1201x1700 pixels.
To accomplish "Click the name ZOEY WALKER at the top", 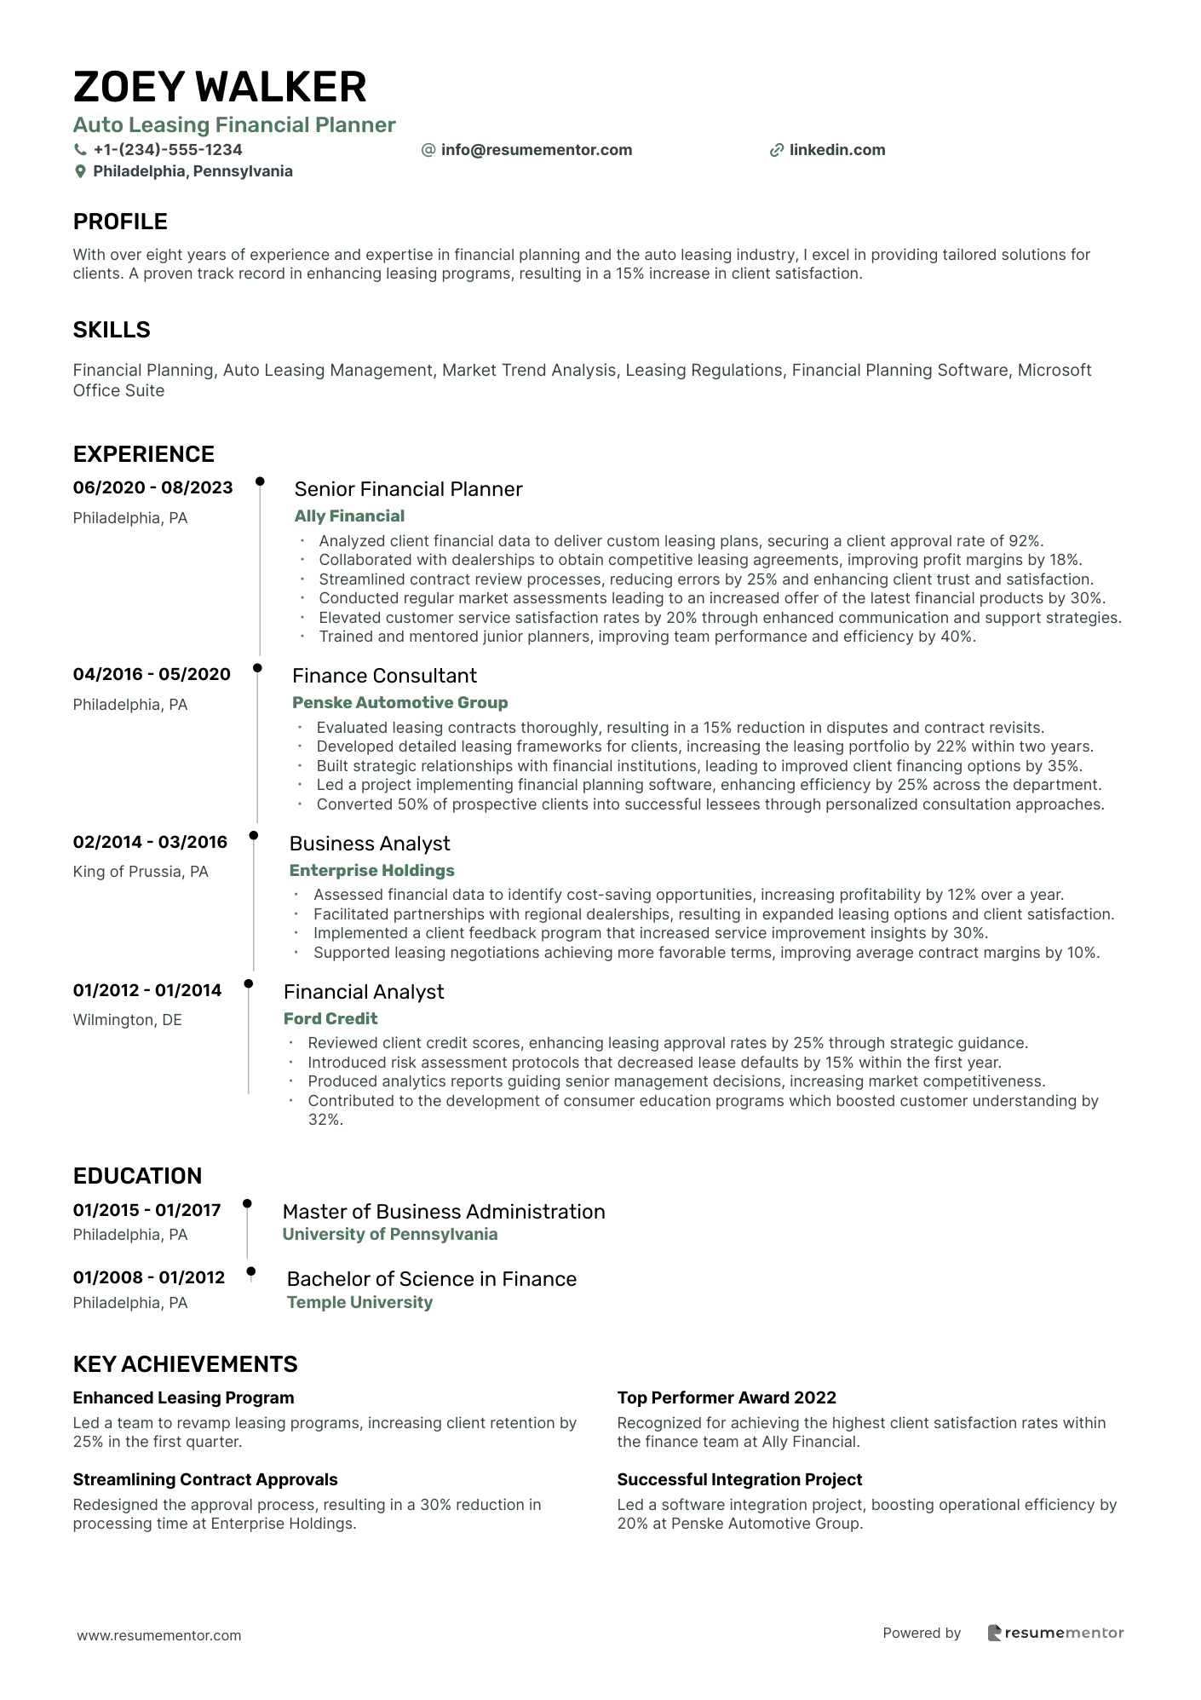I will pos(220,87).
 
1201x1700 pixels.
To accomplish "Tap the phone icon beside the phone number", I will pos(81,150).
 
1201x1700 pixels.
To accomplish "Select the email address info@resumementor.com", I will pos(536,150).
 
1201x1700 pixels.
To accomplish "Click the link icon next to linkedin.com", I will pos(776,150).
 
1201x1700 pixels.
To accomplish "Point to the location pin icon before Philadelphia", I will pos(81,171).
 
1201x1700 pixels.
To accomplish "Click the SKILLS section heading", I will pos(112,330).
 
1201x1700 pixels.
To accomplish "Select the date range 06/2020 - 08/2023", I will pos(152,487).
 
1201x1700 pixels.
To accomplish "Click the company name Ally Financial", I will pos(349,516).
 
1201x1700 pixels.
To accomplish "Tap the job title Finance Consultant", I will pos(384,676).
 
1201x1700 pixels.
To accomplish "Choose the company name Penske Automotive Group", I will pos(399,702).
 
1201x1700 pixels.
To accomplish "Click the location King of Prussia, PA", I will pos(141,872).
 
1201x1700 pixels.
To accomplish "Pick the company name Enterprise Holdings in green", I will pos(371,870).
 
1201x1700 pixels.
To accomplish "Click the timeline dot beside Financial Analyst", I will pos(249,983).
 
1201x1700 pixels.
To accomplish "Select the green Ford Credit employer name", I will pos(330,1018).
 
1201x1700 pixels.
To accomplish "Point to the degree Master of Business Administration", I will pos(444,1212).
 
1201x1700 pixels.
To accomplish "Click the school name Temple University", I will pos(359,1302).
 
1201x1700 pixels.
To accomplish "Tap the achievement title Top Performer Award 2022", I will pos(727,1397).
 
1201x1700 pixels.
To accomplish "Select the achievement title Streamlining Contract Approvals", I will pos(205,1479).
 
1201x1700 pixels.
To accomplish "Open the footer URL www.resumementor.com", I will pos(159,1635).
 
